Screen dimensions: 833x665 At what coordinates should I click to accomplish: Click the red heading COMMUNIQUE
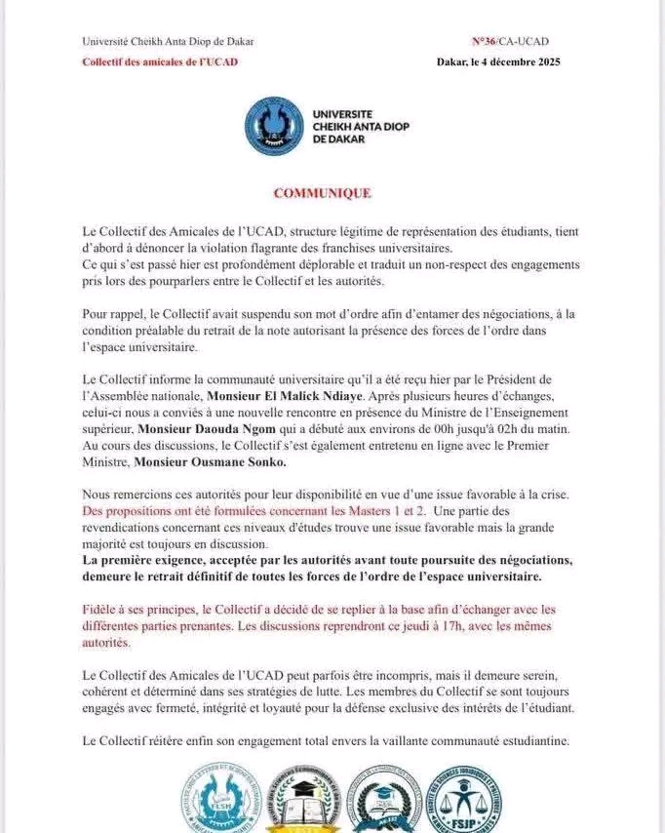click(x=322, y=193)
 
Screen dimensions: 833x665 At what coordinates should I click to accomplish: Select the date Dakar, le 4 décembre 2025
click(x=498, y=61)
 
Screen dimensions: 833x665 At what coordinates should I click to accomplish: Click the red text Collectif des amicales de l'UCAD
click(x=160, y=61)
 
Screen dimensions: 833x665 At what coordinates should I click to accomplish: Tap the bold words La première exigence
click(x=147, y=560)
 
